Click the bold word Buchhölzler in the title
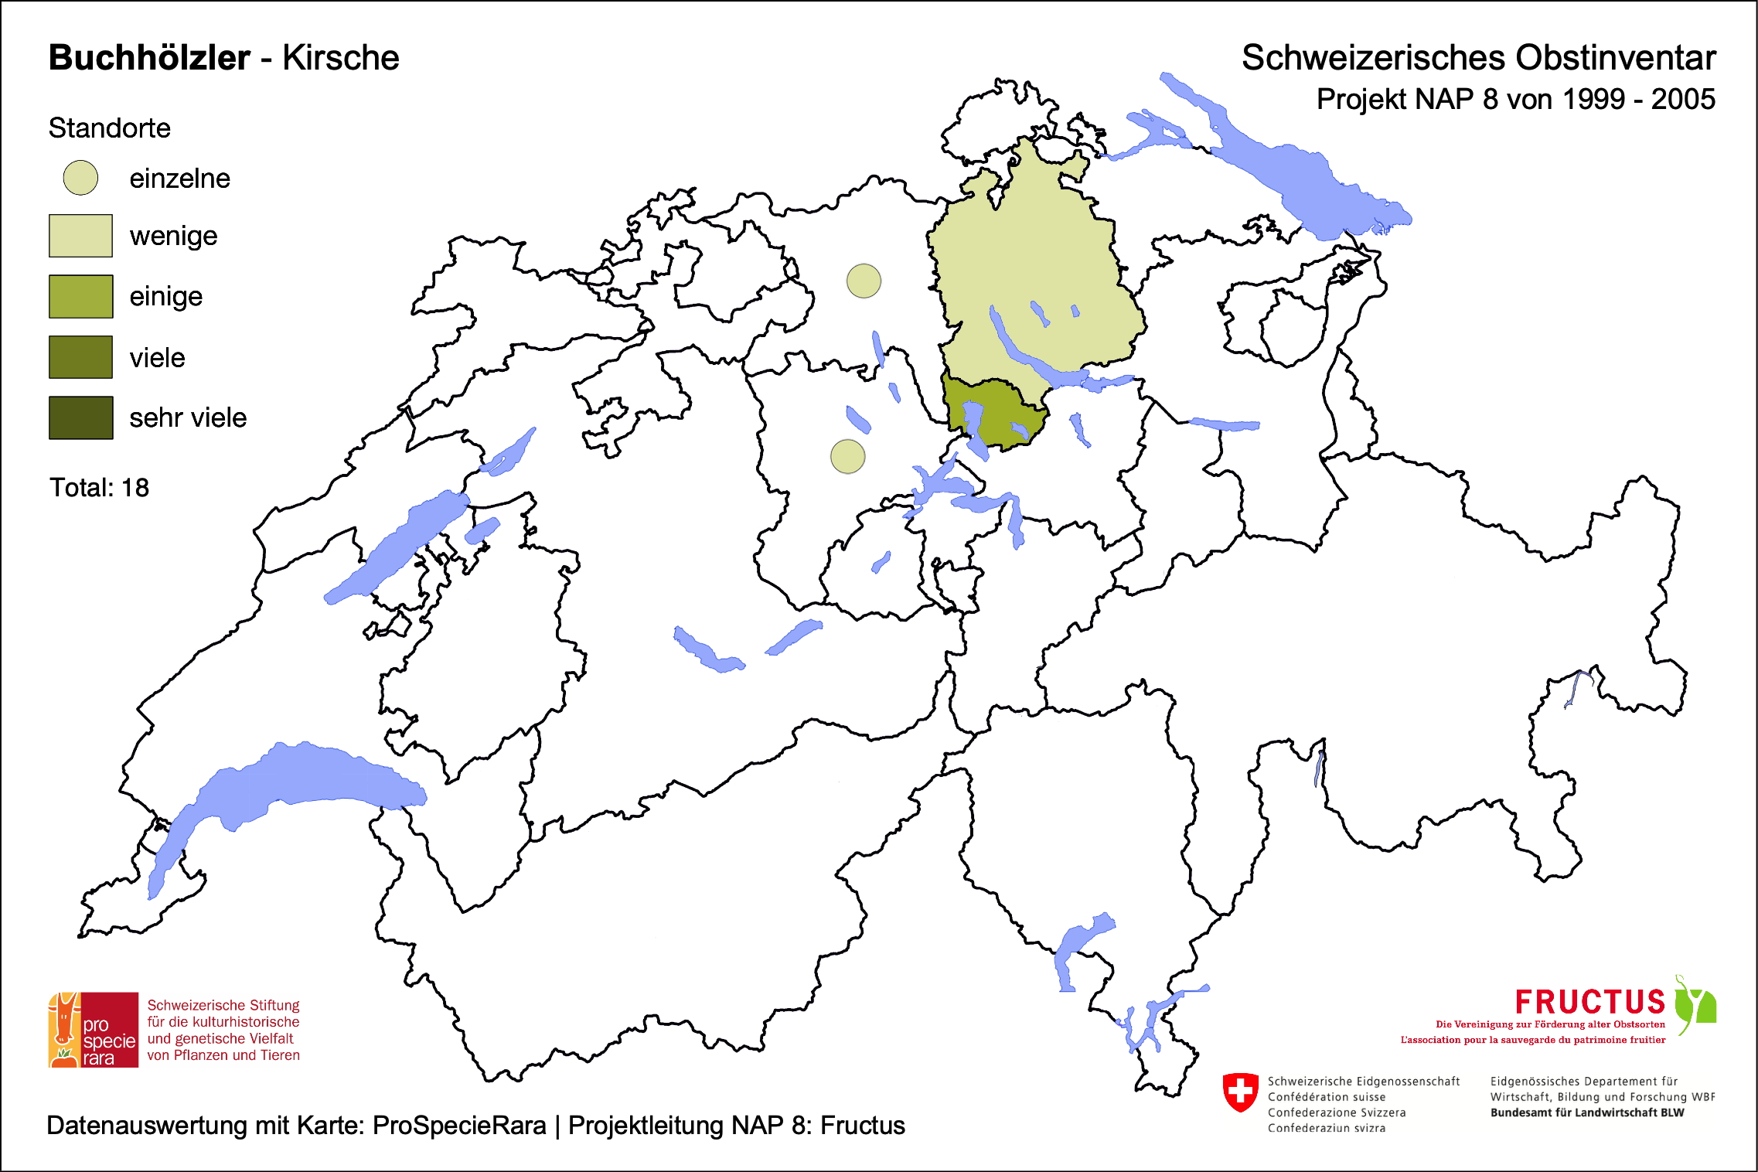click(x=149, y=58)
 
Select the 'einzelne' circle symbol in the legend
click(x=80, y=178)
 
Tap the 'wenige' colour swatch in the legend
click(x=80, y=236)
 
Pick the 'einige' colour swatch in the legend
click(x=80, y=296)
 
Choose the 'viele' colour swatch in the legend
click(x=80, y=357)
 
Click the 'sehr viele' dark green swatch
click(x=80, y=417)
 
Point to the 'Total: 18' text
click(x=99, y=488)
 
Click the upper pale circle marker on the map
click(x=864, y=281)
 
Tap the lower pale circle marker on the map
click(x=847, y=456)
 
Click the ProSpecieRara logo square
click(x=94, y=1030)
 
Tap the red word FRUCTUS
click(x=1589, y=1002)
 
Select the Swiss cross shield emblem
click(x=1240, y=1092)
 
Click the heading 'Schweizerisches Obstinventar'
click(x=1478, y=58)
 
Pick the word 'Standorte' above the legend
click(x=109, y=128)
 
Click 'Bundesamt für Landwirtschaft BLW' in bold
click(x=1586, y=1112)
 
